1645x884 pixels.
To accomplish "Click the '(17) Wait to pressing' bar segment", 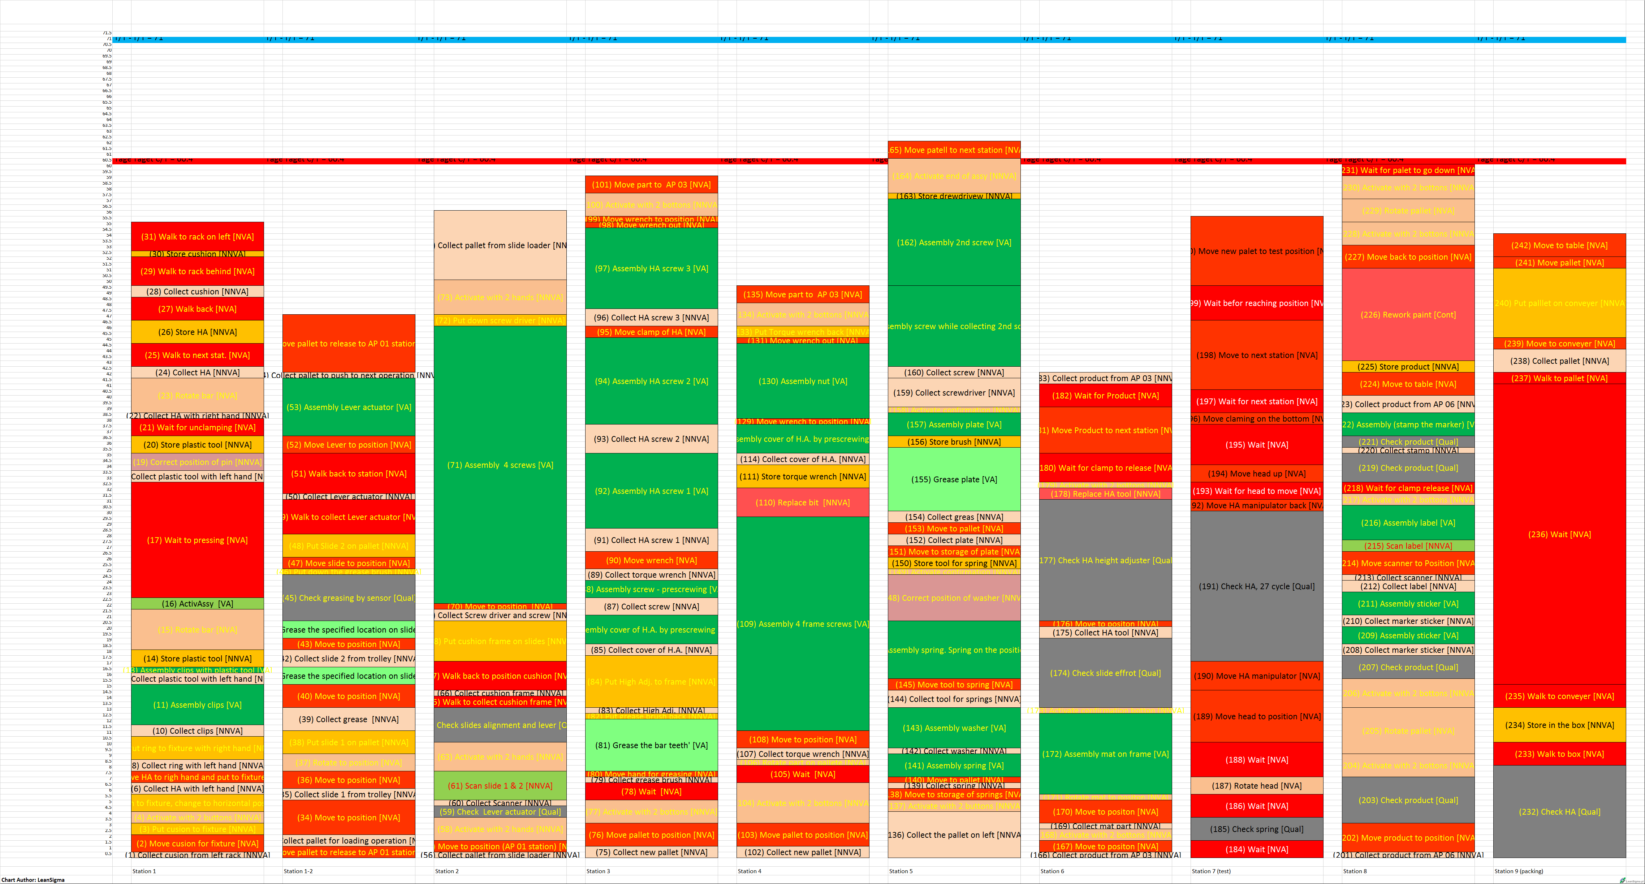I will tap(197, 540).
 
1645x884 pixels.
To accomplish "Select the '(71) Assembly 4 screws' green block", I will tap(500, 465).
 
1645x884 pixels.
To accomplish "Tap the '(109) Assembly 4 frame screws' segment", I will tap(803, 624).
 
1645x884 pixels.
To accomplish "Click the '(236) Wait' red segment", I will tap(1559, 534).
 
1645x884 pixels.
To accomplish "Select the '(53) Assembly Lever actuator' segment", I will tap(349, 407).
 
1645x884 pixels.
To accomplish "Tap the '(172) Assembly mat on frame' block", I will tap(1105, 754).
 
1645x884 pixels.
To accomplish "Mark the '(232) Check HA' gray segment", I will tap(1559, 811).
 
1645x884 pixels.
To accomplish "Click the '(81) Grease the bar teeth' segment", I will tap(651, 745).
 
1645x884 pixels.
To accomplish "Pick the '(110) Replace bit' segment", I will tap(803, 502).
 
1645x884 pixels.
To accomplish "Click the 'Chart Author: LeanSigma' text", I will tap(33, 880).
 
